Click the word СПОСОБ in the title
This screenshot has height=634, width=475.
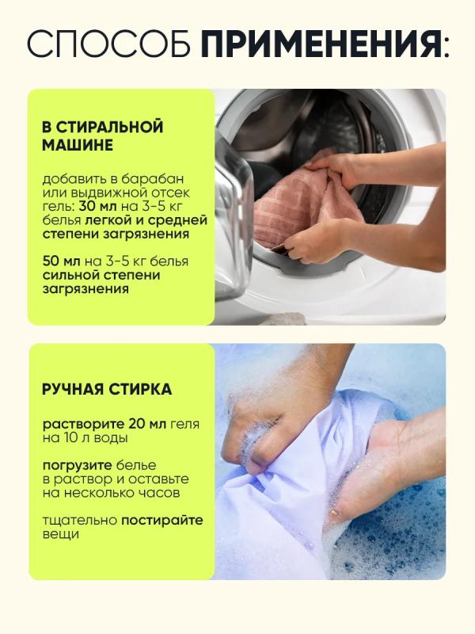108,43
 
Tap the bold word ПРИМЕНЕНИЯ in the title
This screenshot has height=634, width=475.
321,43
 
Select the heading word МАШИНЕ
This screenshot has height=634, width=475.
78,145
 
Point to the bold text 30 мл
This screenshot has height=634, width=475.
97,206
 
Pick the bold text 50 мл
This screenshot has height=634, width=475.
62,262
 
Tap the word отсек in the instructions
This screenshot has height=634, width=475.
171,193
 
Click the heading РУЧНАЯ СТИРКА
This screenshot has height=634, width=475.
107,389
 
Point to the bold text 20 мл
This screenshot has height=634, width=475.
147,424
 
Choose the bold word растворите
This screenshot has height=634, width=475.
84,425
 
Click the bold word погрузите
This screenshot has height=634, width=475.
77,466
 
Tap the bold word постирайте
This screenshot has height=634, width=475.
162,521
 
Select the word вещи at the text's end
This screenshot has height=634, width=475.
61,534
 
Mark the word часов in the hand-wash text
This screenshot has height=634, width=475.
161,493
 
